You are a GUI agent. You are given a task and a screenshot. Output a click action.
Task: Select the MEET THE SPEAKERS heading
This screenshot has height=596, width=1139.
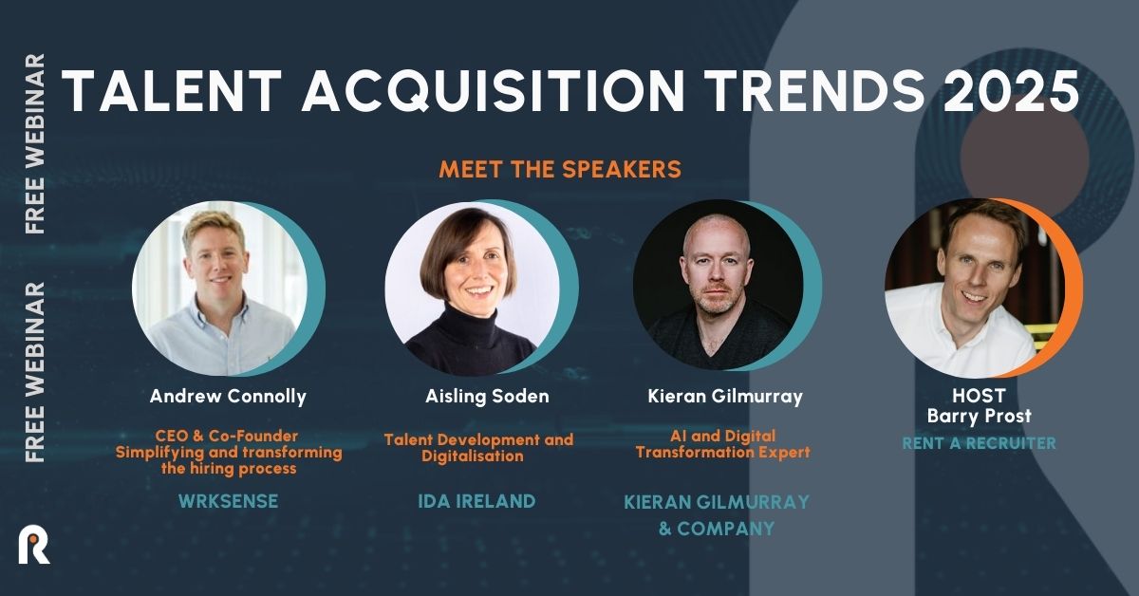560,170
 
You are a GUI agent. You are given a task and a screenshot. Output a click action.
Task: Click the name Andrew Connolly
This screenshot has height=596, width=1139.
228,396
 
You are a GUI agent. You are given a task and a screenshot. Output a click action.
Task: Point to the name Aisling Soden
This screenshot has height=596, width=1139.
479,396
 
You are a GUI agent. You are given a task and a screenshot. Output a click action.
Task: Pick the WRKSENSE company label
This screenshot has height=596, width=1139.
228,501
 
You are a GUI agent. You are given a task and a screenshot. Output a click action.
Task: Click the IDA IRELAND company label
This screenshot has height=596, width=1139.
477,501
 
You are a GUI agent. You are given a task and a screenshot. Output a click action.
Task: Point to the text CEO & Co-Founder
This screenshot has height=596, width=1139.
228,436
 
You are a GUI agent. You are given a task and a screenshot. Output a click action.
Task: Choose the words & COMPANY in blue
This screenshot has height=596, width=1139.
717,528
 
